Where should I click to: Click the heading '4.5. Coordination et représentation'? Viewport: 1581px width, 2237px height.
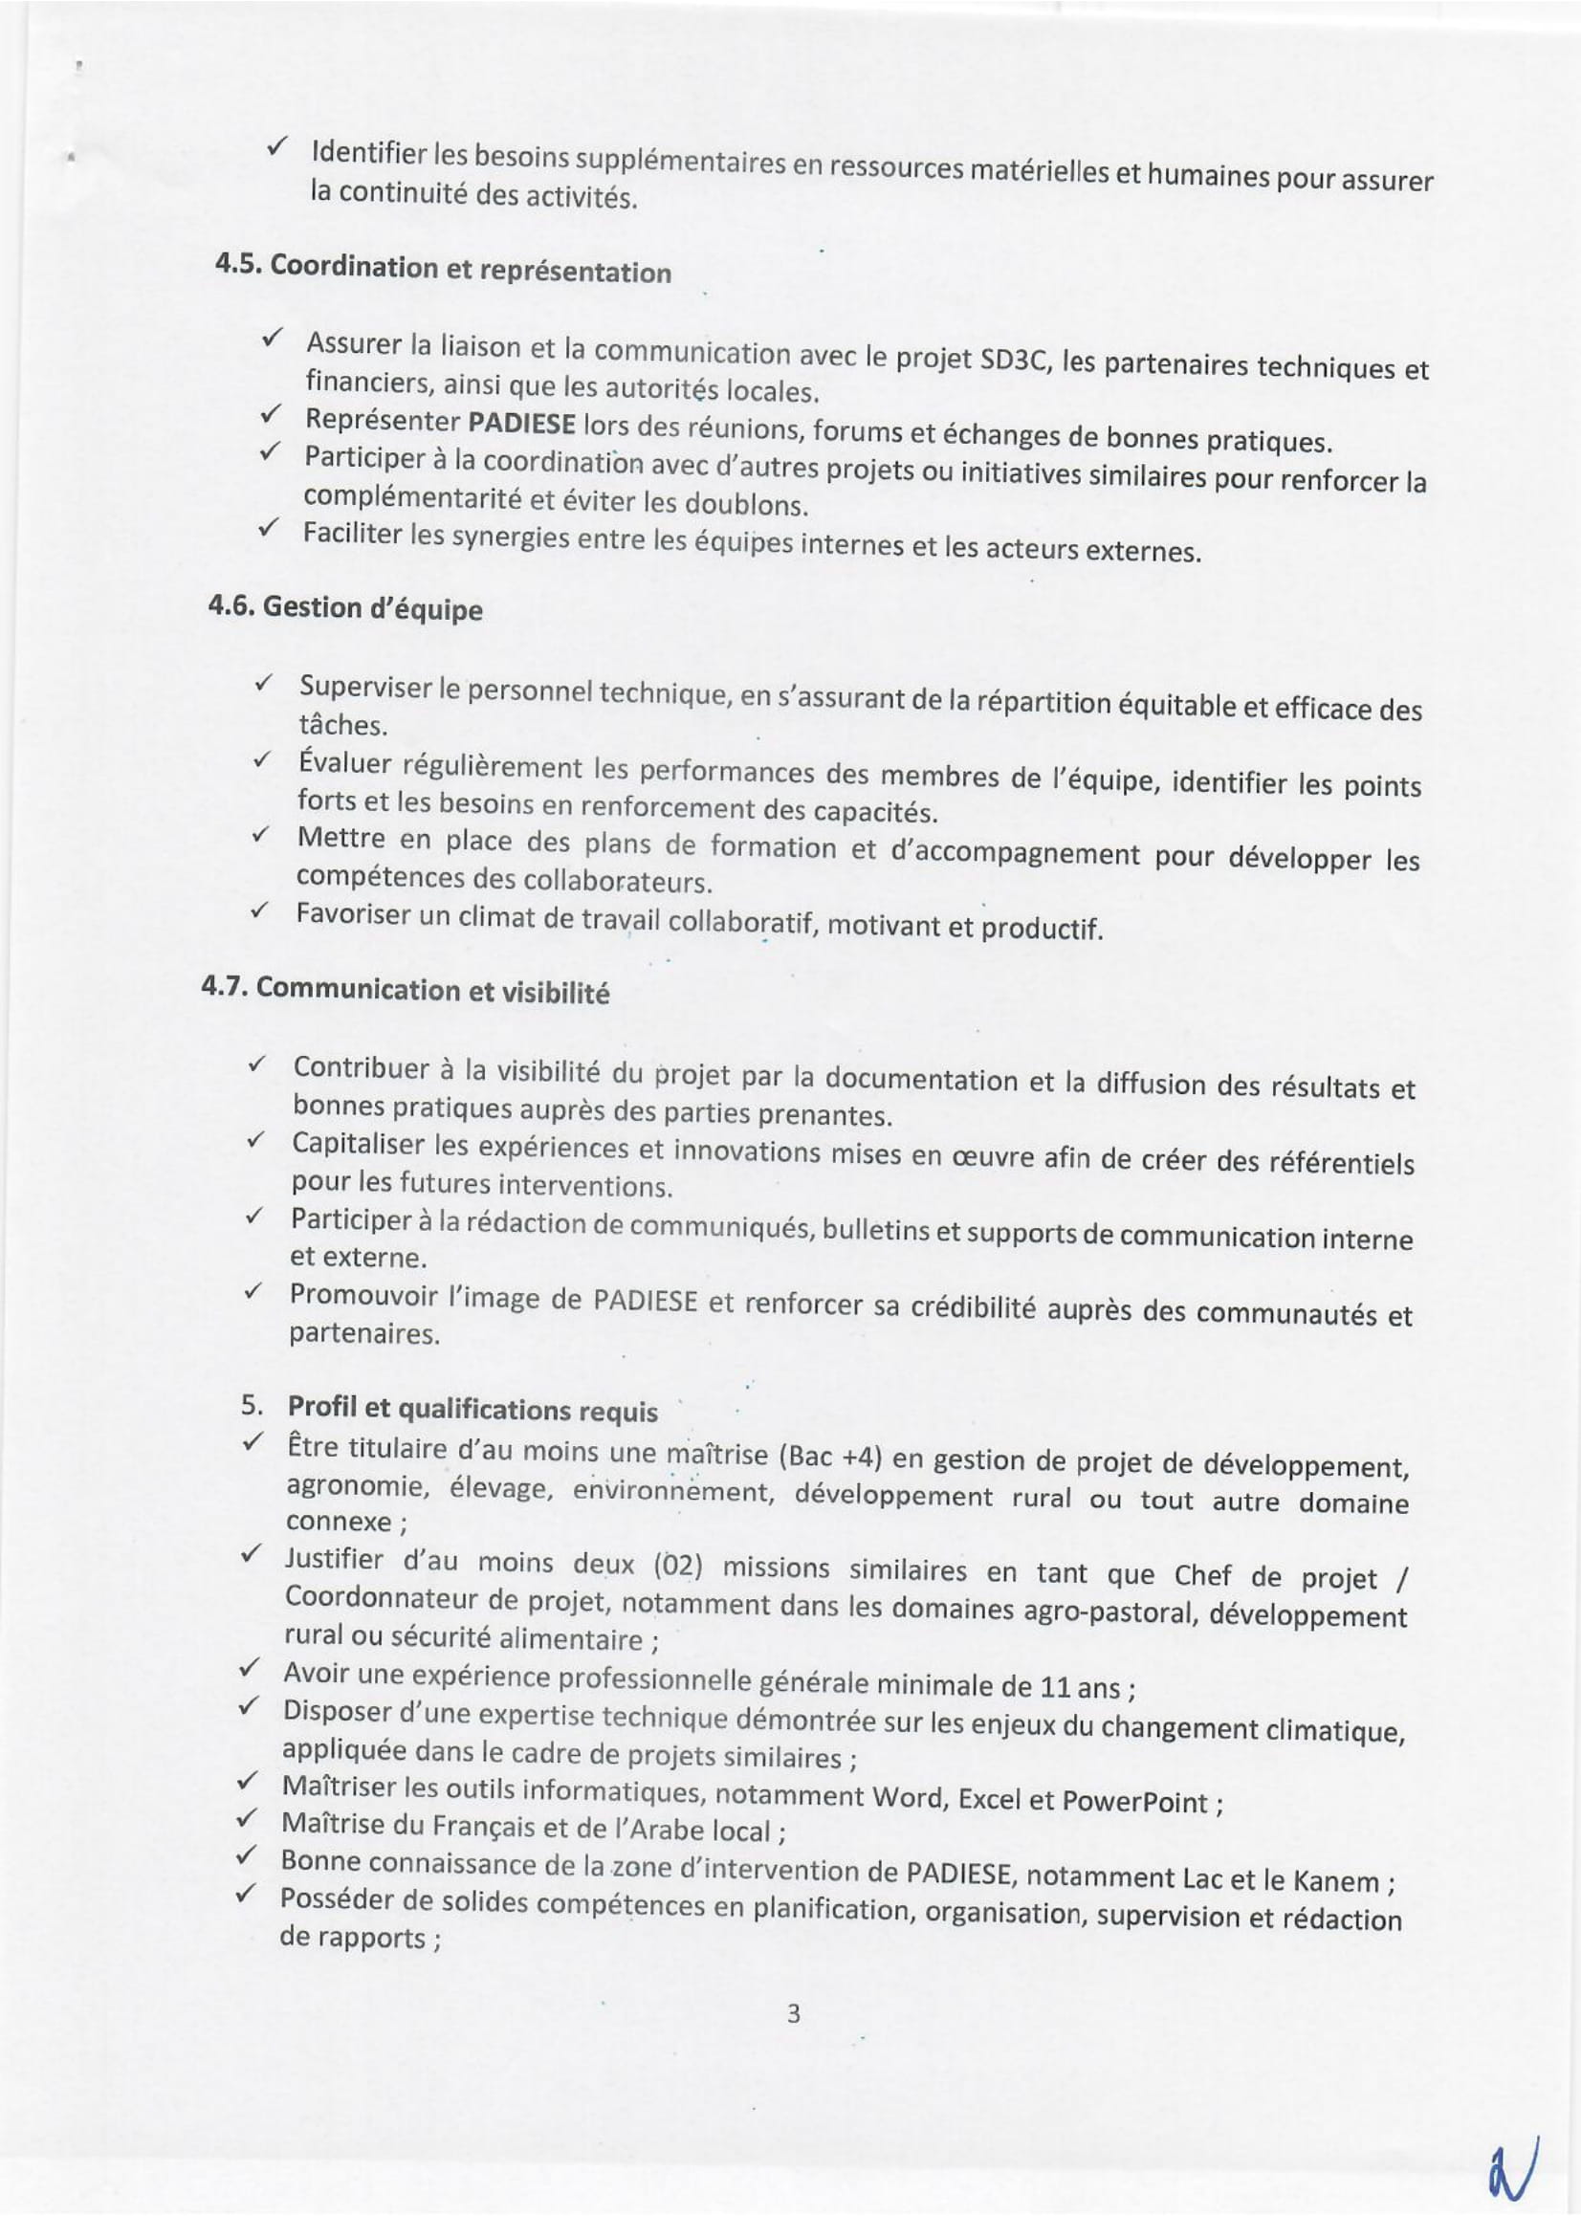click(443, 268)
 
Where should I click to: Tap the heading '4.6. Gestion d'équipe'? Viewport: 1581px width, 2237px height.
click(346, 608)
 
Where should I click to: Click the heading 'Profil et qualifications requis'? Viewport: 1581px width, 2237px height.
click(472, 1410)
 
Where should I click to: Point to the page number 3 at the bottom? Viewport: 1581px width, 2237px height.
click(793, 2013)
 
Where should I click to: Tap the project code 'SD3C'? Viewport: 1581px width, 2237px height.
click(1010, 361)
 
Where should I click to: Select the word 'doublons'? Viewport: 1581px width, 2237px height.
click(744, 506)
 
